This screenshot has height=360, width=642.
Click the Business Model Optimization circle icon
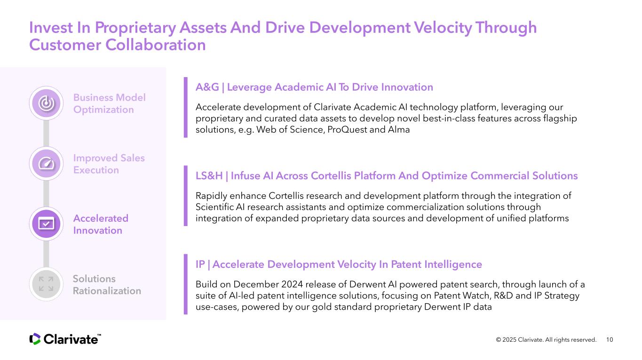click(x=46, y=103)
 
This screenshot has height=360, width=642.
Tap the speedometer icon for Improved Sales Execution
click(x=46, y=164)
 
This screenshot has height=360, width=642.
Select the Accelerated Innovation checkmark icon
click(x=46, y=224)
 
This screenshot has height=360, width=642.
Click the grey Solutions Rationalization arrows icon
click(x=46, y=284)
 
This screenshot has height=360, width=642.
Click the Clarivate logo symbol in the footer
click(x=35, y=339)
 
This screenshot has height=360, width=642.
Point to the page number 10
click(x=610, y=340)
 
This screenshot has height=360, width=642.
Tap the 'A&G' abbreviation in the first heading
click(x=207, y=87)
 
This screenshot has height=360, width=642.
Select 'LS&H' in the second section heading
click(x=209, y=176)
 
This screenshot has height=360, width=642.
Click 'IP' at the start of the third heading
click(x=200, y=264)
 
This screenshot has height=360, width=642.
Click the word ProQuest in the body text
click(x=347, y=130)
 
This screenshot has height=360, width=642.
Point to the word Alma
click(x=399, y=129)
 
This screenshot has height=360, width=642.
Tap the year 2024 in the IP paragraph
click(x=292, y=284)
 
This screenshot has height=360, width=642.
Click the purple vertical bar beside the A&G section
click(x=186, y=108)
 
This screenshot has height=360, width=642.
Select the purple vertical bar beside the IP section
click(x=186, y=284)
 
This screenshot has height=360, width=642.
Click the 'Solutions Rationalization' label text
click(x=107, y=285)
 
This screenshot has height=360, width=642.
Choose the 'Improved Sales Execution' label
click(x=109, y=164)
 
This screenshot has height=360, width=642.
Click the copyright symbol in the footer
click(x=499, y=340)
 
